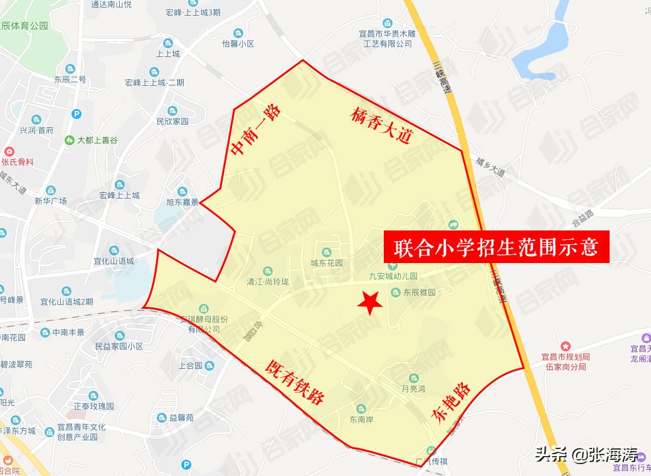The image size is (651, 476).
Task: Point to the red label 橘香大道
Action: click(x=381, y=127)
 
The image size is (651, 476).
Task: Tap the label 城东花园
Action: click(x=327, y=263)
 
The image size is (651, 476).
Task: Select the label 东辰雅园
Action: click(x=419, y=292)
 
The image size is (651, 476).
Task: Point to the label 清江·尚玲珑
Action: click(x=268, y=282)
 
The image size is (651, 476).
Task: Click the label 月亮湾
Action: click(x=413, y=388)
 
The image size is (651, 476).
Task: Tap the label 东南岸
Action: click(x=361, y=420)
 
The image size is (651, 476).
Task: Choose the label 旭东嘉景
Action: click(x=182, y=202)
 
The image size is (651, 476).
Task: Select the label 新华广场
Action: click(x=51, y=201)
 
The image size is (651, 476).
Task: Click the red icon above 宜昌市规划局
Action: click(x=566, y=346)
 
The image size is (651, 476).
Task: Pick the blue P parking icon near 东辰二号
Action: click(x=77, y=114)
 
